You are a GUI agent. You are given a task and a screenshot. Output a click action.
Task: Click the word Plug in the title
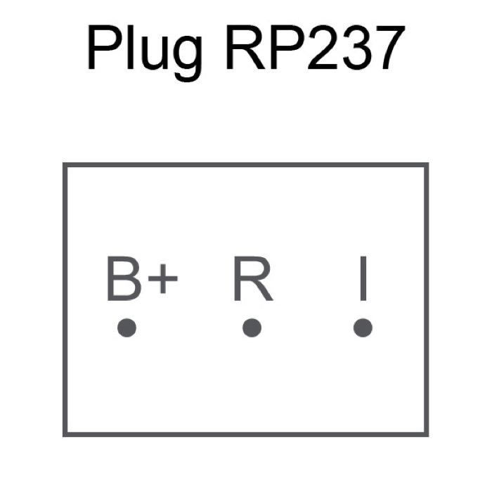[x=144, y=52]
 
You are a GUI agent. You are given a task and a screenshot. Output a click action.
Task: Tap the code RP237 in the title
[x=316, y=47]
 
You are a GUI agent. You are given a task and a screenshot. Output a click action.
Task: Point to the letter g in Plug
[x=188, y=58]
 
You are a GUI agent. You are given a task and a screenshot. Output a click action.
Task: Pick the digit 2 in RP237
[x=323, y=47]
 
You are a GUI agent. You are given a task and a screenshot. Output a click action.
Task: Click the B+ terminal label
[x=143, y=278]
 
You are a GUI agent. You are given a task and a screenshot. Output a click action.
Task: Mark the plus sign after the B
[x=163, y=278]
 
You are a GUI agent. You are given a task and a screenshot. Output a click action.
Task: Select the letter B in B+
[x=124, y=278]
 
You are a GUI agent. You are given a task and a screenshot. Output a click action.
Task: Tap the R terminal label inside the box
[x=253, y=278]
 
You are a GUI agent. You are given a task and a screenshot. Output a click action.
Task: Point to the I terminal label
[x=363, y=278]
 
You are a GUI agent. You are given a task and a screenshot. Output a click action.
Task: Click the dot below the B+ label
[x=127, y=328]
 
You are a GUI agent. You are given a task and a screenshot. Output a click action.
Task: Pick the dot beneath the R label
[x=252, y=328]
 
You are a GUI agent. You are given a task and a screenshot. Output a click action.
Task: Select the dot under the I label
[x=363, y=328]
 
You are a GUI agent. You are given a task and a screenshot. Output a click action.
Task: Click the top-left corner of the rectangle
[x=65, y=164]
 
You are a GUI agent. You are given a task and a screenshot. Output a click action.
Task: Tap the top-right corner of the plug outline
[x=427, y=164]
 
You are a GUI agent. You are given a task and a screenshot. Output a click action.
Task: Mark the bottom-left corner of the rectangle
[x=65, y=434]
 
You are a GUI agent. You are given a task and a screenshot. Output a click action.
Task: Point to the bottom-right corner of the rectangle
[x=427, y=434]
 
